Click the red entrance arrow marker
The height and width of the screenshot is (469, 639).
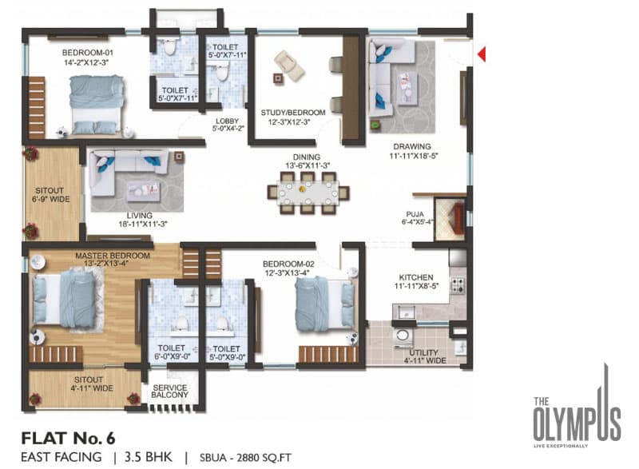482,54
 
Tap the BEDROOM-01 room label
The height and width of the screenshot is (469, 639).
88,53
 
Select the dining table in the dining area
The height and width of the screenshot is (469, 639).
308,193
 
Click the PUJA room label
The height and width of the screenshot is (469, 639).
415,214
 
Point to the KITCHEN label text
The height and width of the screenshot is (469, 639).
416,277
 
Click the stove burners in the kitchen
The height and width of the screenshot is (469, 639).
457,285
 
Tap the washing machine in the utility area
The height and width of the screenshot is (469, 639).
403,336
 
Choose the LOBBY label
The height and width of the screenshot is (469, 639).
228,121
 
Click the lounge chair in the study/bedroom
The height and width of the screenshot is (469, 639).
289,66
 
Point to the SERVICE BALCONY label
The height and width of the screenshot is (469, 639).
170,391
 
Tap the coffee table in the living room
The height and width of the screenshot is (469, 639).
144,191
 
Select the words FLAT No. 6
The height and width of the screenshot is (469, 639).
68,439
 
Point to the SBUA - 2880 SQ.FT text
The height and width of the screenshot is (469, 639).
245,458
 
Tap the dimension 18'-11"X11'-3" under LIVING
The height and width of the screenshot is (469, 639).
143,224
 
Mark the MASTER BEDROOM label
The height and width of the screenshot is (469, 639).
113,256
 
